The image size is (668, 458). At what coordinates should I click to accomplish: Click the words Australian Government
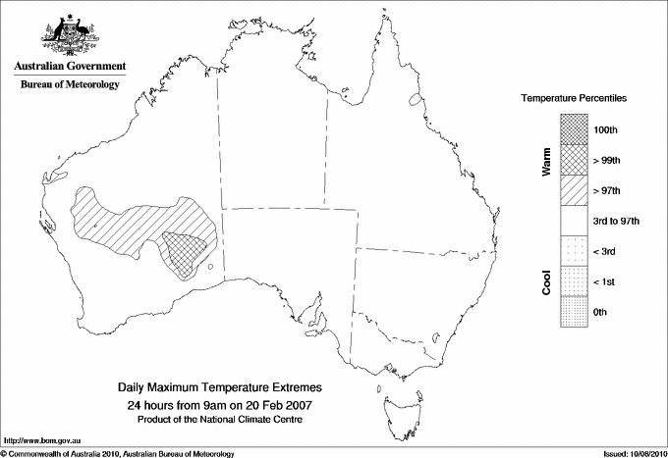point(69,67)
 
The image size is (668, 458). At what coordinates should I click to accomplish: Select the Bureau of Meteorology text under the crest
point(69,84)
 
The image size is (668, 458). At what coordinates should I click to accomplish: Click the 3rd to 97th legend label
point(616,222)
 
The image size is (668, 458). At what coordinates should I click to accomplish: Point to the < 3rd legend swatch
point(574,251)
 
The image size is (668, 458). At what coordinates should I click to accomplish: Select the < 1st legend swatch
point(574,281)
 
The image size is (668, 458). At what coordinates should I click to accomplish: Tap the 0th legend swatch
point(574,312)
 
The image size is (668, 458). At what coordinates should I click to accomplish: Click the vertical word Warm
point(546,161)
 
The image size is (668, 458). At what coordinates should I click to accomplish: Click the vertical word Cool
point(546,281)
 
